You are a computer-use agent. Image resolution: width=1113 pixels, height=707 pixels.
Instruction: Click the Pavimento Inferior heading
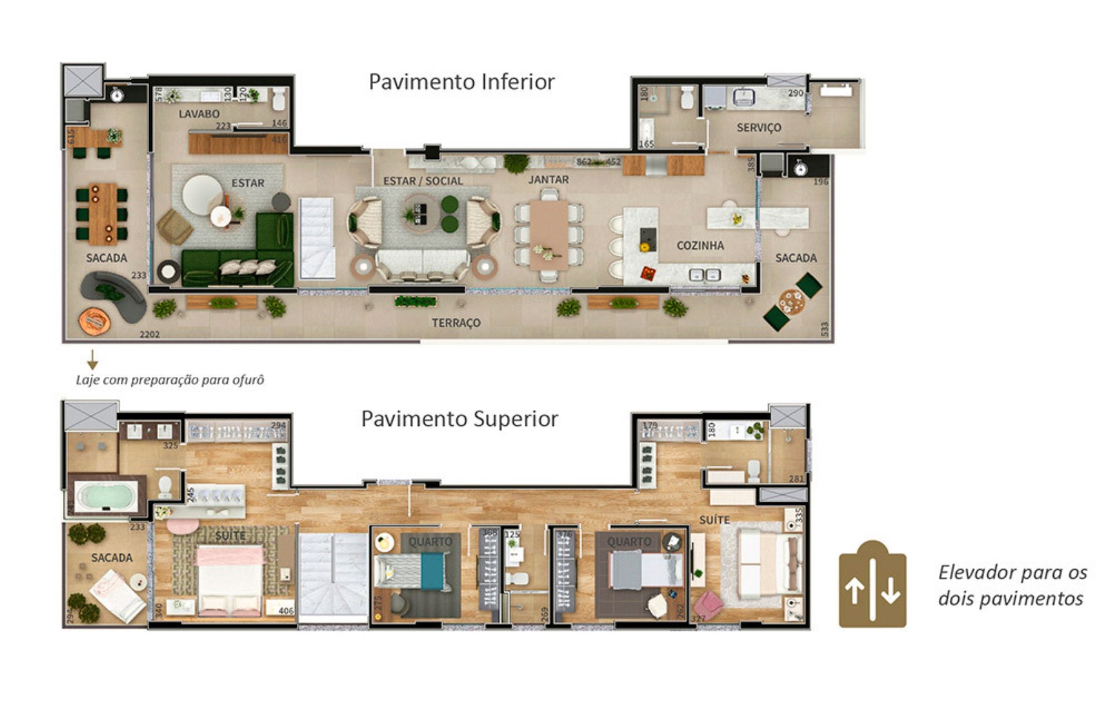click(x=461, y=82)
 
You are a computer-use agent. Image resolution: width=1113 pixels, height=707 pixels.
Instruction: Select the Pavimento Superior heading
click(x=459, y=419)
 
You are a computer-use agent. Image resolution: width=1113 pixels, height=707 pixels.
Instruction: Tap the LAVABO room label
click(x=199, y=114)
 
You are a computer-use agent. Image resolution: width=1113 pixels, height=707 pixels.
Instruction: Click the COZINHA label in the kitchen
click(x=700, y=245)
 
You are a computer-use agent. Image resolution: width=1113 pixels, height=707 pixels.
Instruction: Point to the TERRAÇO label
click(x=456, y=322)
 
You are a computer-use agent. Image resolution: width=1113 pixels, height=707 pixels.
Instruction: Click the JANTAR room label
click(x=548, y=180)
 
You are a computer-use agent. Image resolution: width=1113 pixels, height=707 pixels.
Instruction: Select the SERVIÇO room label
click(x=759, y=128)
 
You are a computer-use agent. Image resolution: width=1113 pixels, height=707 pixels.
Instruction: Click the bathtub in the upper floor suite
click(x=106, y=496)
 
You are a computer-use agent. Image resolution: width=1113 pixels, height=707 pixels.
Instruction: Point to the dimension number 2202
click(x=150, y=335)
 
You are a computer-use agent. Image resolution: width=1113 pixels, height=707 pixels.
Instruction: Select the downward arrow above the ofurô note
click(x=92, y=360)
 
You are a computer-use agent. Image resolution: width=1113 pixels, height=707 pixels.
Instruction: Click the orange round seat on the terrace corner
click(x=95, y=320)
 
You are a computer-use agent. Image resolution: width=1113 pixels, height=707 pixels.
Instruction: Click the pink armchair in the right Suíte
click(x=708, y=604)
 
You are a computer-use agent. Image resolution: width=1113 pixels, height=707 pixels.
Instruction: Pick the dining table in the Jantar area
click(x=549, y=235)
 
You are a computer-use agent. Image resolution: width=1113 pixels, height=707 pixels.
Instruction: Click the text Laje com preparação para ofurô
click(x=170, y=380)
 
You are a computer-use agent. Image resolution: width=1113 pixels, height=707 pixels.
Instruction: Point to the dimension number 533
click(x=824, y=329)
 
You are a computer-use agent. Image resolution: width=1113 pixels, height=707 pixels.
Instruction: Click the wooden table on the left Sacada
click(x=103, y=213)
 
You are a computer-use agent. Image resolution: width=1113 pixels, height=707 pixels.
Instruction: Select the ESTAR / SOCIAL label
click(x=423, y=181)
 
